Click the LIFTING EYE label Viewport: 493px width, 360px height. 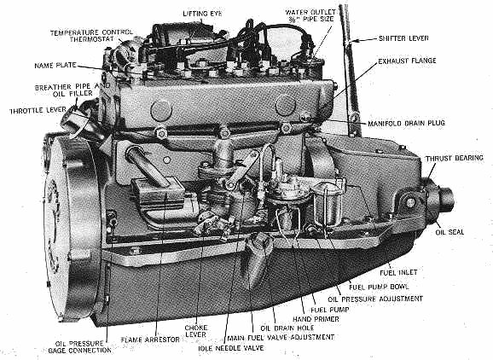(x=202, y=14)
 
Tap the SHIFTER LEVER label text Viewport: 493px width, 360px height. (x=403, y=38)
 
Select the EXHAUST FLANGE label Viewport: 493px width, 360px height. (x=407, y=61)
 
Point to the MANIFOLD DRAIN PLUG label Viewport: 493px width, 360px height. (x=406, y=123)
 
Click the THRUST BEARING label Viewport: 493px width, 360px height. (x=455, y=158)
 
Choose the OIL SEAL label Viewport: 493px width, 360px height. (x=449, y=232)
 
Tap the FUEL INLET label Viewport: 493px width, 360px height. (x=398, y=272)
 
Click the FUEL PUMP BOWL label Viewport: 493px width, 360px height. (x=379, y=287)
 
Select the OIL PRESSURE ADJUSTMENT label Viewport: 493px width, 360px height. (x=375, y=299)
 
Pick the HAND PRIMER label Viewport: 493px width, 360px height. (x=316, y=319)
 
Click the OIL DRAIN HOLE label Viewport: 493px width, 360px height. (x=287, y=328)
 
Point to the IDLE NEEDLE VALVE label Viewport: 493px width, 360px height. (x=231, y=348)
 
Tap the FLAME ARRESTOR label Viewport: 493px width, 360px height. (x=150, y=340)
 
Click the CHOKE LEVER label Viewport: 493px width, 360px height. (x=195, y=331)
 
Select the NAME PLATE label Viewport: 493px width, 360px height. (x=55, y=66)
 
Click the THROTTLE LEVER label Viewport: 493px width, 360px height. (x=38, y=111)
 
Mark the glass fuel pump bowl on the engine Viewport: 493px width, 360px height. (x=327, y=205)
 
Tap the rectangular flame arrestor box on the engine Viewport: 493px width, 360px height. (x=158, y=193)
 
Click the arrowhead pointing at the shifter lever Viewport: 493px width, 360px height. (x=353, y=40)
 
